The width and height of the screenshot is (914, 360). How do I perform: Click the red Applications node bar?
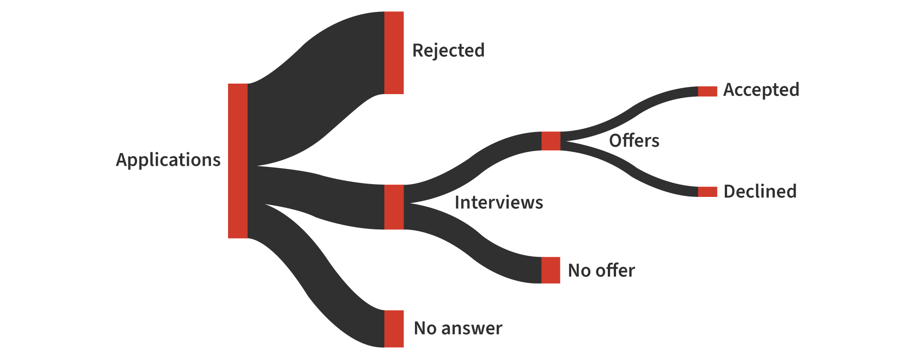[x=238, y=161]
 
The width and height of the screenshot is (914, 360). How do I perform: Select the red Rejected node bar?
[x=394, y=53]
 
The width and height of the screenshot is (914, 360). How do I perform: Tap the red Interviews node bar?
[x=394, y=207]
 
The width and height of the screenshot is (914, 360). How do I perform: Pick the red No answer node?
[x=394, y=328]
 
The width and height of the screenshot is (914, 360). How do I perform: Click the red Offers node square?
[x=551, y=141]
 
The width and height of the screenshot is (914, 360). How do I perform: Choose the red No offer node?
[x=551, y=270]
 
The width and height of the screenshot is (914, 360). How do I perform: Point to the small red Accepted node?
[x=707, y=91]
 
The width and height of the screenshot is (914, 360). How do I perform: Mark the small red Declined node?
[x=707, y=192]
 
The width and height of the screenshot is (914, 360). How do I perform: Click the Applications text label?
[x=168, y=160]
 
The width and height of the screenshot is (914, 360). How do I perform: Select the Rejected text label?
[x=448, y=50]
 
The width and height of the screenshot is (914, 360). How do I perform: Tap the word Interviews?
[x=499, y=202]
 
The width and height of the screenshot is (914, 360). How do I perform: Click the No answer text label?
[x=458, y=328]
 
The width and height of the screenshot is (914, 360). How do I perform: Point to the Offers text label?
[x=634, y=141]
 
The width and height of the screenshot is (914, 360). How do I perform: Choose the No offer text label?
[x=601, y=270]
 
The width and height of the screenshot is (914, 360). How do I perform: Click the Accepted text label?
[x=761, y=90]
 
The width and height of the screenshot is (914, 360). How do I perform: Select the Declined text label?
[x=760, y=191]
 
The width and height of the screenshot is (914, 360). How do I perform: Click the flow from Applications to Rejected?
[x=315, y=91]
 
